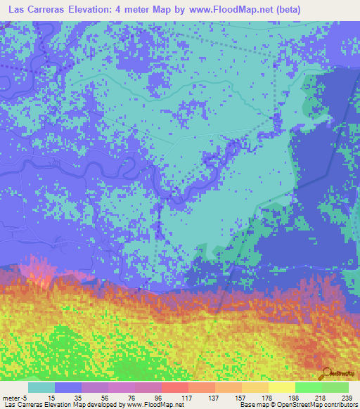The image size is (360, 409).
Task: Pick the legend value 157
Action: pyautogui.click(x=239, y=397)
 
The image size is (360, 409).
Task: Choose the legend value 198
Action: pyautogui.click(x=292, y=397)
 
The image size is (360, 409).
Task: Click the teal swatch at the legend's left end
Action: pyautogui.click(x=41, y=387)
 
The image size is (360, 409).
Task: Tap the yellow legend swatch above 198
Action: pyautogui.click(x=281, y=387)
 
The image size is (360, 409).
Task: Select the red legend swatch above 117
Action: pyautogui.click(x=174, y=387)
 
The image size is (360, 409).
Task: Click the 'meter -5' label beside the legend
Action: pyautogui.click(x=14, y=397)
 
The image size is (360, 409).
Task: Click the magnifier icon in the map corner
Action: pyautogui.click(x=327, y=372)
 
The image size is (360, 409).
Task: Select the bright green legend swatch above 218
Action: pyautogui.click(x=308, y=387)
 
